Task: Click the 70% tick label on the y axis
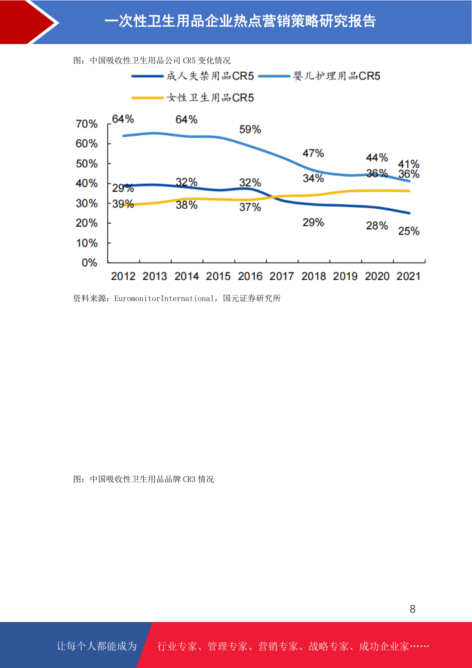coord(87,124)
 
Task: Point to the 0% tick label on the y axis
coord(90,263)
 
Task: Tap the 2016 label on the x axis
coord(250,276)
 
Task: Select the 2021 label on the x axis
coord(409,276)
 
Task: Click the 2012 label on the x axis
coord(123,276)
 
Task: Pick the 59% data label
coord(250,129)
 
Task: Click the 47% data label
coord(313,153)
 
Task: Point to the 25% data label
coord(409,231)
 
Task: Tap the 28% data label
coord(377,226)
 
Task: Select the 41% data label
coord(409,164)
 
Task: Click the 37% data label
coord(250,207)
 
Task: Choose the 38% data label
coord(187,205)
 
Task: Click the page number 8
coord(413,609)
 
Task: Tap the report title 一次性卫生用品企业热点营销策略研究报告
coord(240,21)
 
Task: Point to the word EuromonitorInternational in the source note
coord(164,299)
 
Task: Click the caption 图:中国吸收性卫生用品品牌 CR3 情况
coord(143,479)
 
